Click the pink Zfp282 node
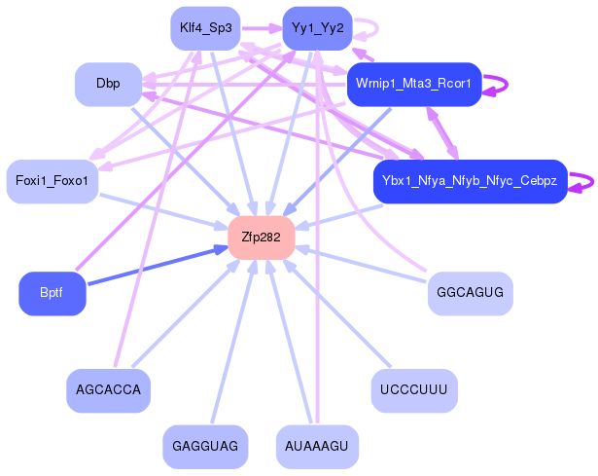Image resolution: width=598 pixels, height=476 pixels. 261,238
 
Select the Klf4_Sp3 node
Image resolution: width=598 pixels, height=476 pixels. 205,28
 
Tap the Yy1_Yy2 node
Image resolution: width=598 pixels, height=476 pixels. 317,28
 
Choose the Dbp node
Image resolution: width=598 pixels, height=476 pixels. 108,84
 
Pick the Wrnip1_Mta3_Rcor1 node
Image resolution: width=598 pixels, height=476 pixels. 413,84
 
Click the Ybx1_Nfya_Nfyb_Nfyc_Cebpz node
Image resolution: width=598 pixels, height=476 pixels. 470,181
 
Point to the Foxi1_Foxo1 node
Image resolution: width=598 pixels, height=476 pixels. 53,181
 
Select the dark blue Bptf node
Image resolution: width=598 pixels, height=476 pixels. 53,293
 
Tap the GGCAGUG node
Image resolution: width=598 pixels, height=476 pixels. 470,293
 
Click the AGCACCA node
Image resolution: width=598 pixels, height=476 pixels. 108,390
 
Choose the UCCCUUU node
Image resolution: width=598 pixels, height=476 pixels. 413,390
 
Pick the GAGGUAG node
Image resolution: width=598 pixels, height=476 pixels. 205,446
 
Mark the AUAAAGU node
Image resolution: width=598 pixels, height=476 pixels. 317,446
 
